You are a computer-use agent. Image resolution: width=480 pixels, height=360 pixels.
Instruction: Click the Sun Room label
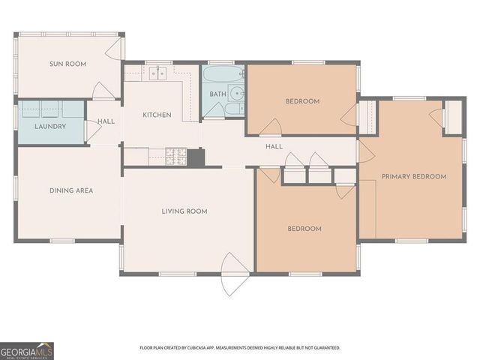(68, 64)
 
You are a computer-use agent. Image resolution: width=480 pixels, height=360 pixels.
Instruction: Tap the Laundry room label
(50, 127)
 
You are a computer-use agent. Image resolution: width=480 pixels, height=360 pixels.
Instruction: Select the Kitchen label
(157, 115)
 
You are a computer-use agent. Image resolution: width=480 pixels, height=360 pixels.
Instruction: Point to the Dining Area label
(71, 190)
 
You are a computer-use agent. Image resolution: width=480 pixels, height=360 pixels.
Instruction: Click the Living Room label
(184, 211)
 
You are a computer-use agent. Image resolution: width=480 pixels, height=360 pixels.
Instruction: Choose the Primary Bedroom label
(414, 177)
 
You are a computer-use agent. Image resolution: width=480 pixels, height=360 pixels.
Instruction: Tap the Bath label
(218, 94)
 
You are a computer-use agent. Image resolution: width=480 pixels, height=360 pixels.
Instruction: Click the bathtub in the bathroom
(223, 73)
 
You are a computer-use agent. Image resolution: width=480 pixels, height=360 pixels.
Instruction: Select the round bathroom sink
(237, 93)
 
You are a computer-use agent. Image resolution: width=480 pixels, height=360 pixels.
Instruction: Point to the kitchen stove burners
(176, 157)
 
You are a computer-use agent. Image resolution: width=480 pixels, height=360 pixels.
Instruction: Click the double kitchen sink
(157, 73)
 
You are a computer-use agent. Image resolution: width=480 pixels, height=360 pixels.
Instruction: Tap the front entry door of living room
(235, 274)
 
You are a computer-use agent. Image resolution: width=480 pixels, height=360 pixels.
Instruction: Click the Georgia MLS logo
(27, 351)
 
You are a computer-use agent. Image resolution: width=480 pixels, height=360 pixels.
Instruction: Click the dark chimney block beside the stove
(196, 157)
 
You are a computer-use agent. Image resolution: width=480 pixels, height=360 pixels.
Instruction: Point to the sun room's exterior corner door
(115, 48)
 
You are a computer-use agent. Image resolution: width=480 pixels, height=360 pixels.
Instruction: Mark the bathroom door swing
(214, 110)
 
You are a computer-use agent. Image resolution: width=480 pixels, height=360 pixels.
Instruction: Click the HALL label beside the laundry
(106, 121)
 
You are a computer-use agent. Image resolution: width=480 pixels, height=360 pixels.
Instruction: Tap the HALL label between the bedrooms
(274, 147)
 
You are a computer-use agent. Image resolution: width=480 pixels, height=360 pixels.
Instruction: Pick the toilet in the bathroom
(235, 109)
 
